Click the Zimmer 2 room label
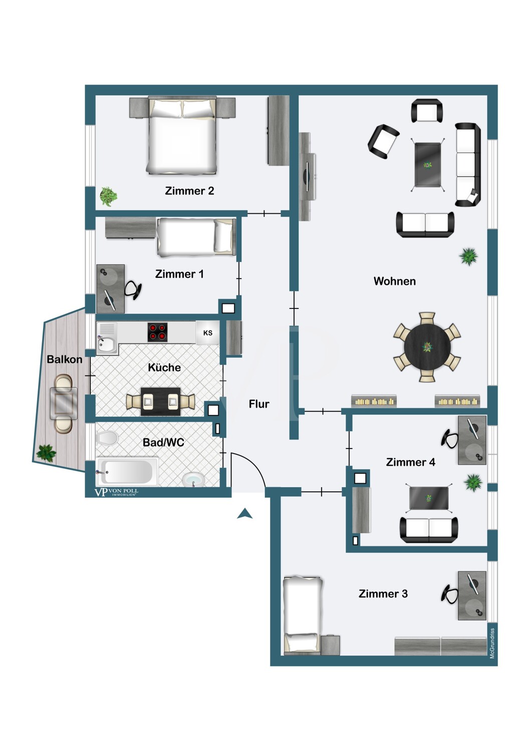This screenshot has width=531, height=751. (x=189, y=191)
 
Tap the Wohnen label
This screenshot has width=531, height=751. (x=394, y=281)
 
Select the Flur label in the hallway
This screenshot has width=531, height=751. (x=259, y=404)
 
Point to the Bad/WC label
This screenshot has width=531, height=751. (x=163, y=443)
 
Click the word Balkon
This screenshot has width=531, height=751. (x=65, y=359)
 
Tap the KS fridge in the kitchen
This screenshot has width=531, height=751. (x=207, y=332)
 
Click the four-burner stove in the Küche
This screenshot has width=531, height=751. (x=157, y=332)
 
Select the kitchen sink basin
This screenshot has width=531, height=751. (x=105, y=343)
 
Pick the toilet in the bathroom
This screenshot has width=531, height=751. (x=107, y=438)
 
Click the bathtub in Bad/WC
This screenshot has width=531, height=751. (x=127, y=471)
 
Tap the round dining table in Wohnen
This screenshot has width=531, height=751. (x=427, y=347)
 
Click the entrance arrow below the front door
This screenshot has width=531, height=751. (x=244, y=513)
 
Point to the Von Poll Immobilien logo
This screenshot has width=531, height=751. (x=116, y=492)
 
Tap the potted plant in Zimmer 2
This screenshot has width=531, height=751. (x=108, y=196)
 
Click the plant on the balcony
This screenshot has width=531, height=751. (x=46, y=453)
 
